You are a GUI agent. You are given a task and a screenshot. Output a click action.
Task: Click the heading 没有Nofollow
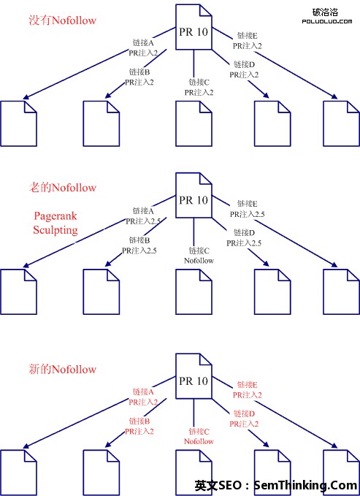62,20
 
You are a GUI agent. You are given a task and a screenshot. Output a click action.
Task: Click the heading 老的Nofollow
62,188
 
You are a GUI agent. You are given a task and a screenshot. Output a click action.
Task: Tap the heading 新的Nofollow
62,369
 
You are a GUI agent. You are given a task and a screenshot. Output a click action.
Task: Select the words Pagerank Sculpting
55,223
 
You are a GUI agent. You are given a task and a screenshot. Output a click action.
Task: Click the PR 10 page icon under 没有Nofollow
194,27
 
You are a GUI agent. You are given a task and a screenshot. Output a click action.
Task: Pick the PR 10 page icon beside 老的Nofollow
194,195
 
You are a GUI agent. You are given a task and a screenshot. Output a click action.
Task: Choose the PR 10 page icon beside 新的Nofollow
194,376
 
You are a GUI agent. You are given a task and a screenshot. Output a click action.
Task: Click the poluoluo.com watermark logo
327,16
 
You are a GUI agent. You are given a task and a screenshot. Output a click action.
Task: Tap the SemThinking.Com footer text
305,485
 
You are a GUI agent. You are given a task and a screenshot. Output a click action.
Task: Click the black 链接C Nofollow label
199,256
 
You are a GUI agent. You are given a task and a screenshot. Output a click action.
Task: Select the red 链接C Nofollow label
199,437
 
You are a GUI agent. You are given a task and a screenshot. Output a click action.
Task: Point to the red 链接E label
248,385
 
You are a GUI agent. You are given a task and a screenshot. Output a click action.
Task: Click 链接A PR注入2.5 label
143,216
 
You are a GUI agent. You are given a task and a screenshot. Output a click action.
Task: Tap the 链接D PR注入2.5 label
244,238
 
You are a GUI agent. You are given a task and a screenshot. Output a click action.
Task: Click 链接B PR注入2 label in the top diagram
139,77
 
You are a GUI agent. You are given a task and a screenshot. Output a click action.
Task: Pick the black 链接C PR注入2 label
199,88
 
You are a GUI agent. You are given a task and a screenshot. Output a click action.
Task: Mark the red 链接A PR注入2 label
143,397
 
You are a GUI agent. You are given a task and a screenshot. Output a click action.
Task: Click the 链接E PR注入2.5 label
248,209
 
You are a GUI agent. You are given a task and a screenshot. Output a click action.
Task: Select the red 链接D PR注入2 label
244,419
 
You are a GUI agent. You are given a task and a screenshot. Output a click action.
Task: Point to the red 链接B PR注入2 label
139,426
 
